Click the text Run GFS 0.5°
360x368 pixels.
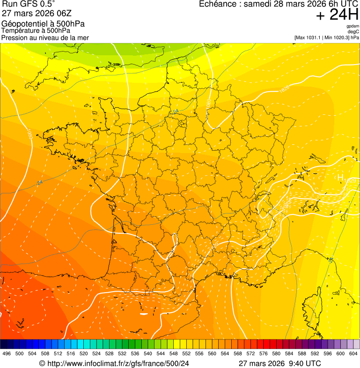[x=29, y=4]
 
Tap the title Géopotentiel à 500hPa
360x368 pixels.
[x=43, y=24]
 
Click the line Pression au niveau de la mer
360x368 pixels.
[x=45, y=37]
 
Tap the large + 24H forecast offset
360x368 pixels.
[x=337, y=15]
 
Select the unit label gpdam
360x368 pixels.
[x=353, y=26]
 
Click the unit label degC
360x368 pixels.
[x=353, y=31]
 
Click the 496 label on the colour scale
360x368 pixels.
[x=7, y=353]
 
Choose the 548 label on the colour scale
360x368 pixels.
[x=174, y=353]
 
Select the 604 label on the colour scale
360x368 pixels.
[x=353, y=353]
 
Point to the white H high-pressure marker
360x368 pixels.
[x=340, y=178]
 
